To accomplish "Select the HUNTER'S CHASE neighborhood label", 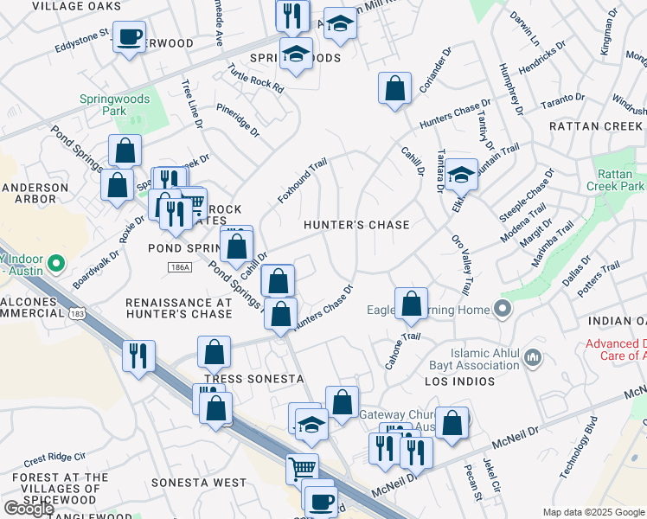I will pos(356,225).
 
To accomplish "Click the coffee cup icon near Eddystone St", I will pos(130,38).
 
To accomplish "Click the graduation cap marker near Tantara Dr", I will pos(462,175).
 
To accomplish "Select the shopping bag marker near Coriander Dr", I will pos(394,88).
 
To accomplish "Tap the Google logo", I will pos(28,509).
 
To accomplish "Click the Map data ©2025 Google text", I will pos(593,512).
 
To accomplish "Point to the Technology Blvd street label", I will pos(579,447).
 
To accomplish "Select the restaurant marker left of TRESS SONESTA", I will pos(138,356).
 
